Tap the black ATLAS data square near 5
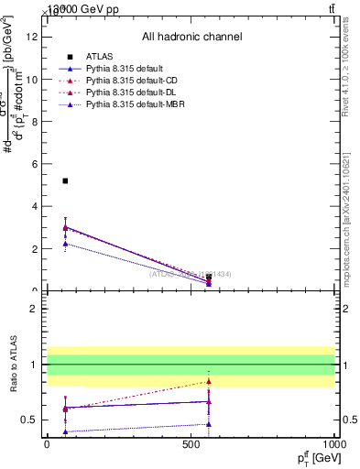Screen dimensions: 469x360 (65, 180)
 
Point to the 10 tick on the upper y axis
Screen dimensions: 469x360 (35, 79)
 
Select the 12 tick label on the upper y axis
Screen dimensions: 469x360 (34, 37)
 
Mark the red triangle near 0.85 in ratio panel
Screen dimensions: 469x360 (209, 381)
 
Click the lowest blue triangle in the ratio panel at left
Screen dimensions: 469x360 (65, 431)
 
